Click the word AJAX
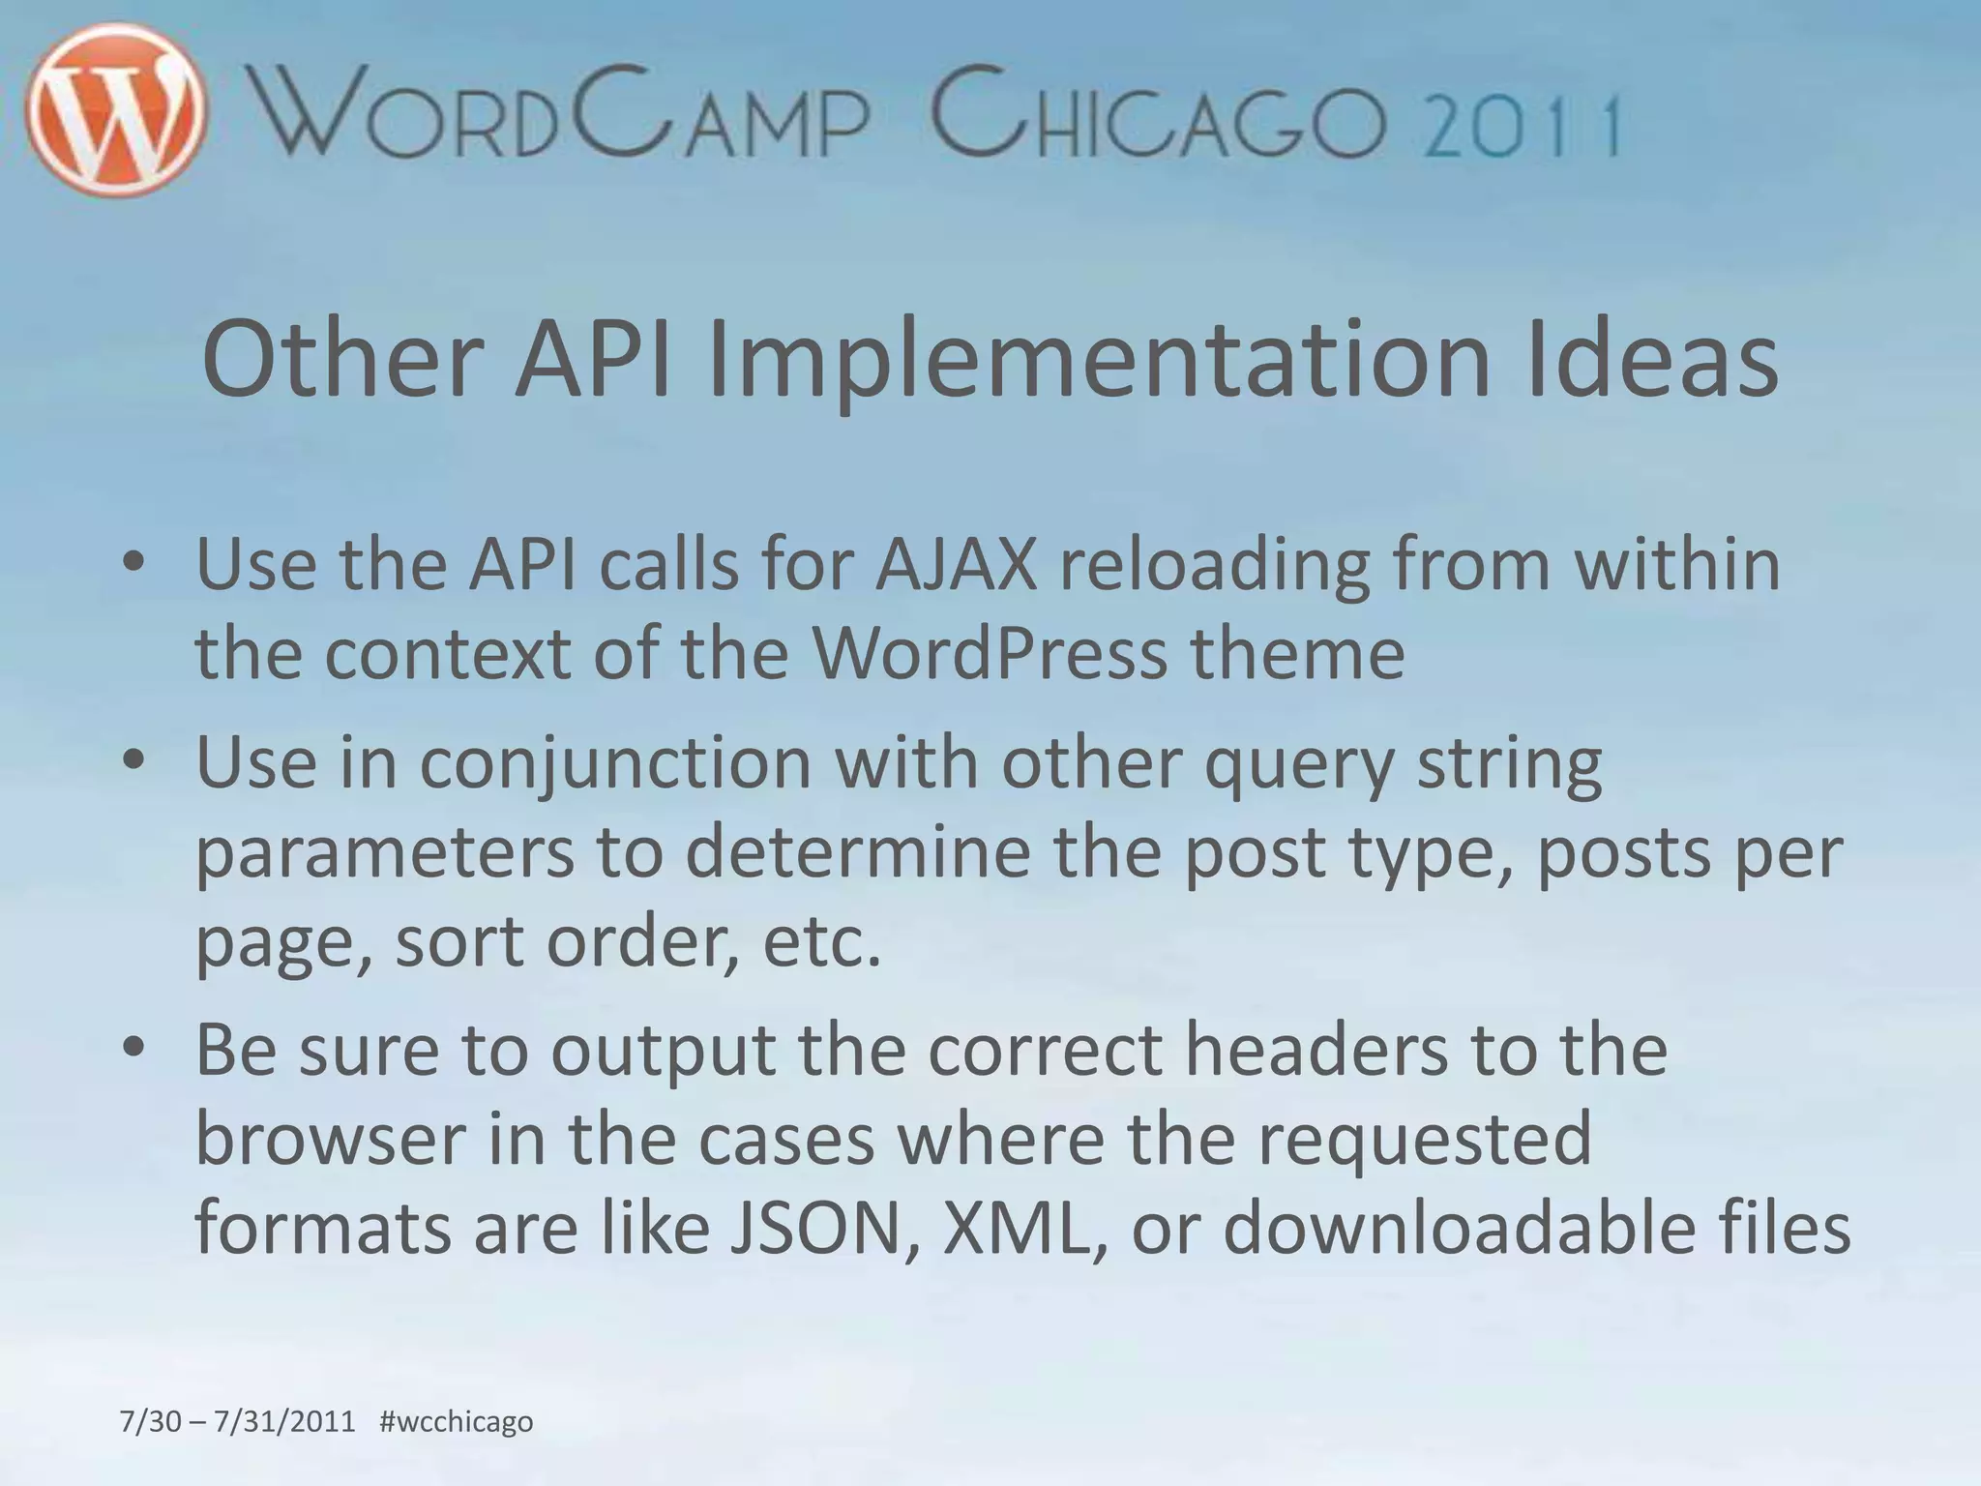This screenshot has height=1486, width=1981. [956, 564]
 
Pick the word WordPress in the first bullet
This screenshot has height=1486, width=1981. [989, 654]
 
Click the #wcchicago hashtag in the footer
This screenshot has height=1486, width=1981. [457, 1421]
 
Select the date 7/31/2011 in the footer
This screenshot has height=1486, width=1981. [284, 1421]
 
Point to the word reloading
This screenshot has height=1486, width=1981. [1215, 566]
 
